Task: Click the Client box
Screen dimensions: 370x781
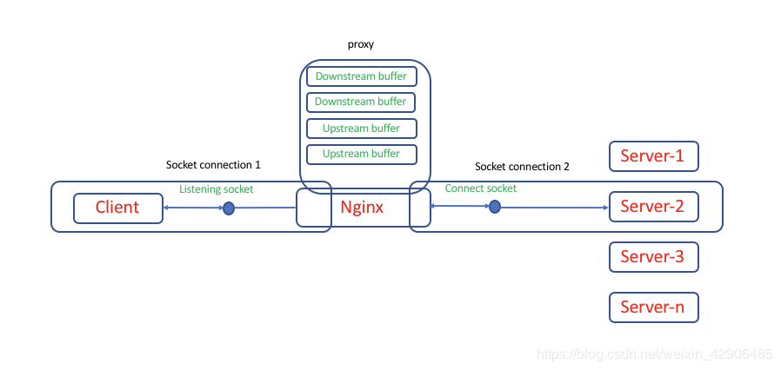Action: pos(117,208)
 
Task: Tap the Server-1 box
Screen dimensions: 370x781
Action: pos(653,156)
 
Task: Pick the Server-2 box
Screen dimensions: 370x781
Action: pos(653,207)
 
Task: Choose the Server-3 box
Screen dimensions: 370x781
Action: pos(653,257)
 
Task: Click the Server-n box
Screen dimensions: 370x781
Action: pos(653,307)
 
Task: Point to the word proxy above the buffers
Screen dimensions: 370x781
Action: pos(360,44)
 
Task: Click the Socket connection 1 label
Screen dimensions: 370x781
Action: pos(213,164)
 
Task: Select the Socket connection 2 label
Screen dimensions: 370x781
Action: pos(522,166)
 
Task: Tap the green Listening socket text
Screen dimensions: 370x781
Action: pos(217,188)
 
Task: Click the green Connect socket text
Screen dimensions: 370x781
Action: pos(480,188)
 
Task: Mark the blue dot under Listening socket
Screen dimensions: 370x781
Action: pos(229,208)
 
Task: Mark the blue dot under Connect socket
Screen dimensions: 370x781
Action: pos(494,207)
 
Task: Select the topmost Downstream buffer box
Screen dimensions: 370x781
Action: pos(361,76)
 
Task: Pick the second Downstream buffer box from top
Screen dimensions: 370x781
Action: pos(361,102)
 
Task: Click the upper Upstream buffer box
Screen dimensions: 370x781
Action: pos(361,129)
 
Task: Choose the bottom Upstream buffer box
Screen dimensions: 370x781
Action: pos(361,154)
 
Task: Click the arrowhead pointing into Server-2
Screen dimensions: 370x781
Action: pos(604,208)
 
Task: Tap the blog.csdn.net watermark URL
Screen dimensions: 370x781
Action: pos(654,354)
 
